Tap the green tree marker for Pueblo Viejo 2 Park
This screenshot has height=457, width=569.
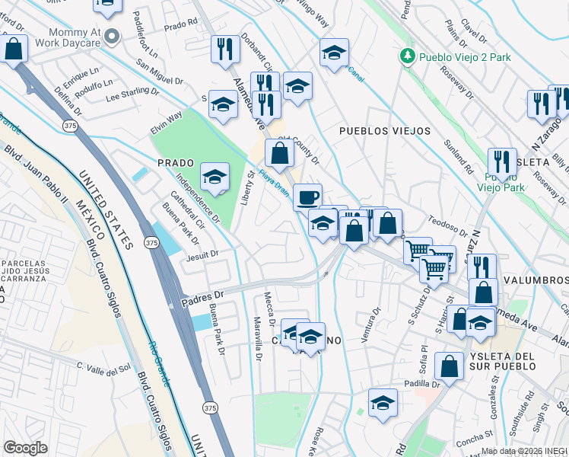pyautogui.click(x=408, y=56)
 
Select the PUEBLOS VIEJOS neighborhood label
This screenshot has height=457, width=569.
pyautogui.click(x=385, y=131)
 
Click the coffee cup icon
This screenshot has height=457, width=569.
pyautogui.click(x=307, y=197)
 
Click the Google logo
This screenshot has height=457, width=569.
pyautogui.click(x=25, y=447)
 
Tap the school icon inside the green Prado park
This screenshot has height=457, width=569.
pyautogui.click(x=215, y=177)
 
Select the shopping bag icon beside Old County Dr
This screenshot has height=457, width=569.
pyautogui.click(x=280, y=153)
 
